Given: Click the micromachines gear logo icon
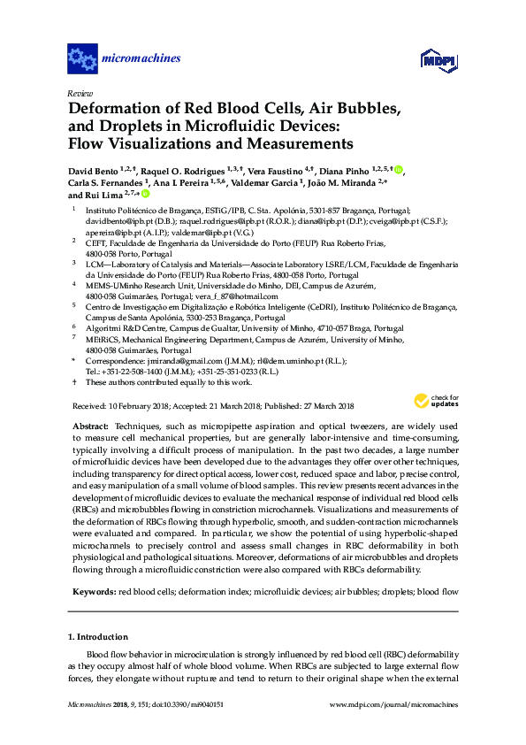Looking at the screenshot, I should pyautogui.click(x=82, y=59).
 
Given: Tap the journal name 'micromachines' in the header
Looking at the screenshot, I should pyautogui.click(x=141, y=59).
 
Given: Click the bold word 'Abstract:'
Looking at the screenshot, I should pyautogui.click(x=90, y=426).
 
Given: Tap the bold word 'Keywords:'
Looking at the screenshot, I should pyautogui.click(x=94, y=590).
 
